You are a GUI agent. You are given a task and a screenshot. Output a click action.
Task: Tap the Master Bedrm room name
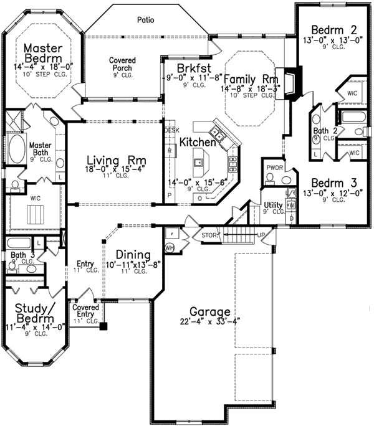click(x=42, y=54)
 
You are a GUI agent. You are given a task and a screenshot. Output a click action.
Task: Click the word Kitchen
click(x=198, y=142)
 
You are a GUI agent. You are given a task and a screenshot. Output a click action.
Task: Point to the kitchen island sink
click(x=199, y=164)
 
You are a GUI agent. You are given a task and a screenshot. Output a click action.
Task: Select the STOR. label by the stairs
click(x=209, y=235)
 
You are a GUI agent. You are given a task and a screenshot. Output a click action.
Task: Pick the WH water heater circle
click(x=169, y=247)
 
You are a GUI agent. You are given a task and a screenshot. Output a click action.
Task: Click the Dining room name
click(x=133, y=255)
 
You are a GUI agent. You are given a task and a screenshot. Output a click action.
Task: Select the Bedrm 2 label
click(x=325, y=29)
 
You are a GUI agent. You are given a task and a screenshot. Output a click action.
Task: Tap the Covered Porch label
click(x=123, y=64)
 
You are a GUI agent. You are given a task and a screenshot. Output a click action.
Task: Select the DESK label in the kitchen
click(x=171, y=130)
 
